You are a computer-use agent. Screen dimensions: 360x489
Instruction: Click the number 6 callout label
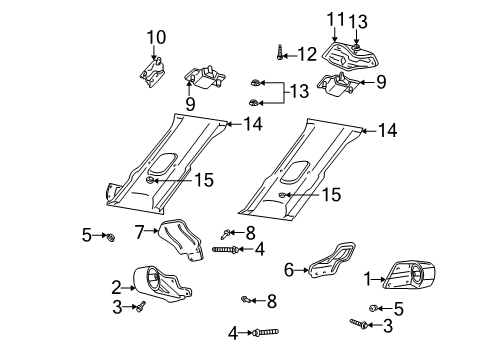click(x=290, y=270)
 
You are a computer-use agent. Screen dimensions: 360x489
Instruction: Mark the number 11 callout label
click(x=334, y=18)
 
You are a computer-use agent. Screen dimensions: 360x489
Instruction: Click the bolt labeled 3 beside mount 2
click(x=142, y=305)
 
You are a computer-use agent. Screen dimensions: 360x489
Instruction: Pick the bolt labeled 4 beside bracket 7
click(x=223, y=248)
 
